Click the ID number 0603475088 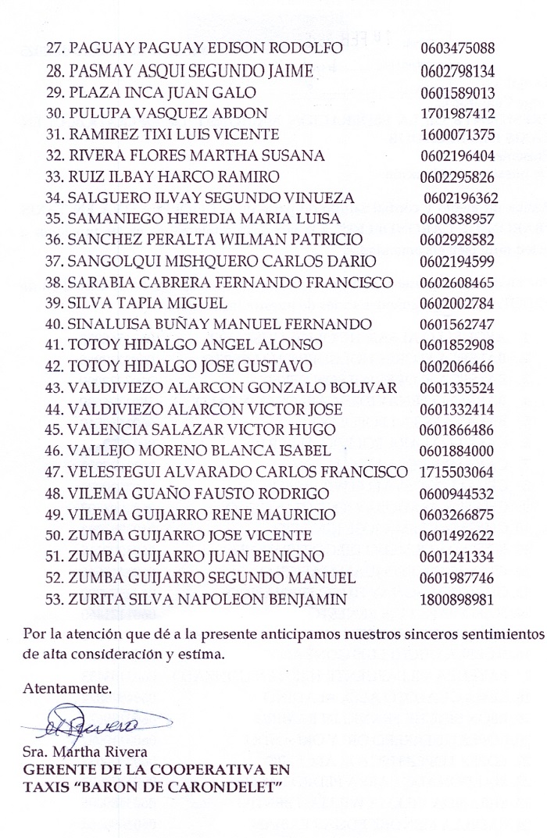click(x=457, y=48)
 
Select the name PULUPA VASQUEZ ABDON click(x=168, y=112)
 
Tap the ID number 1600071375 click(x=457, y=134)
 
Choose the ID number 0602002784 click(x=457, y=302)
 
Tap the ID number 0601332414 click(x=457, y=408)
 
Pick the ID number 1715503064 click(x=457, y=472)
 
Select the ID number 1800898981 click(x=457, y=599)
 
